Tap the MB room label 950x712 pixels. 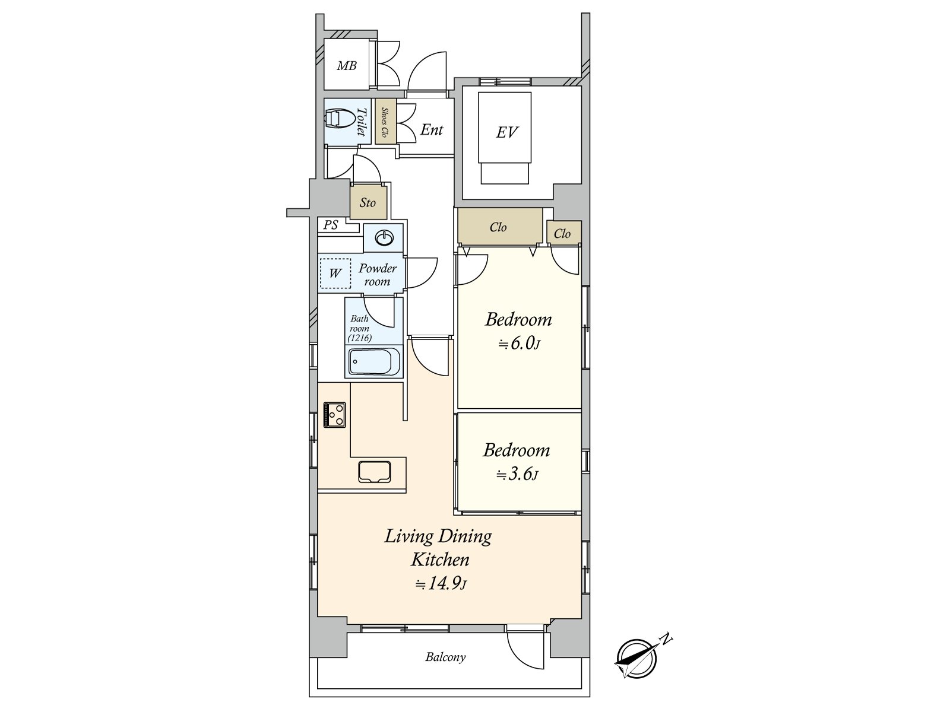pos(347,66)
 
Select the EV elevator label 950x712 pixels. pos(506,132)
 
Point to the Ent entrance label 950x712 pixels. pos(432,130)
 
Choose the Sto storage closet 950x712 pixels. pos(368,202)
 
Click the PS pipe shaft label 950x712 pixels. pos(331,225)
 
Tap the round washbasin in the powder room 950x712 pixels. pos(384,237)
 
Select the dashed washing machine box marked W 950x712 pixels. pos(335,273)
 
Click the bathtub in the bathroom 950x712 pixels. pos(375,361)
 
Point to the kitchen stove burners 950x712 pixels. pos(334,415)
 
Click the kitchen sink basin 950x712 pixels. pos(375,472)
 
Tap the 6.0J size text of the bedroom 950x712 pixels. pos(519,344)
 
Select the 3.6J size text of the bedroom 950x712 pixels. pos(517,475)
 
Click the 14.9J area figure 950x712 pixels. pos(441,584)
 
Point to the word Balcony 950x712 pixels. pos(445,657)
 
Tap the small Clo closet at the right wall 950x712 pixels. pos(563,233)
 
